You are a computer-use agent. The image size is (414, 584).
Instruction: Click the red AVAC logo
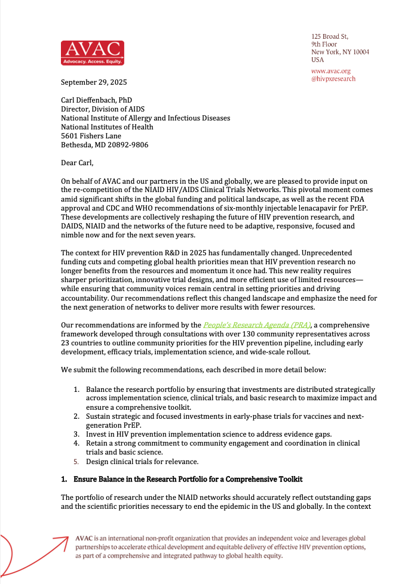[x=92, y=53]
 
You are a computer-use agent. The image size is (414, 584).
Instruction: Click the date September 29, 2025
[x=94, y=82]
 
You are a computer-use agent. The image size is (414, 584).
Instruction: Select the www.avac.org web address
[x=331, y=71]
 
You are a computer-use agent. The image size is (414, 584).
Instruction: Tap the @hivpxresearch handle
[x=333, y=79]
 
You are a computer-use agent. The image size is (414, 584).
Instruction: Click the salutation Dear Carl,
[x=82, y=162]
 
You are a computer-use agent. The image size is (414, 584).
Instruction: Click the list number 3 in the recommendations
[x=76, y=434]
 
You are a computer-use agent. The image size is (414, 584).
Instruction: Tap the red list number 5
[x=76, y=461]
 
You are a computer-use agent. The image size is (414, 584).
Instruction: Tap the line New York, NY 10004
[x=340, y=52]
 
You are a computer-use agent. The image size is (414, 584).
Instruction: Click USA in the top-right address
[x=318, y=60]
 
